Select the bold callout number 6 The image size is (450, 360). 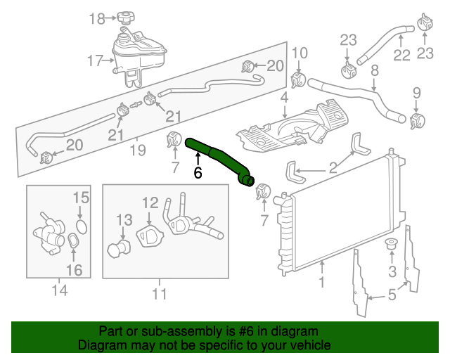(x=198, y=172)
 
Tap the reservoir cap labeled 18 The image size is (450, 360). (x=126, y=17)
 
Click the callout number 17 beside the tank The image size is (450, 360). (x=96, y=61)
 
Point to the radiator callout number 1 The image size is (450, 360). (x=321, y=283)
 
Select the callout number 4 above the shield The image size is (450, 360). (x=284, y=98)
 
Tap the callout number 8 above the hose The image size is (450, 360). (x=375, y=70)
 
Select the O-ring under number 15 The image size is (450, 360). (x=81, y=226)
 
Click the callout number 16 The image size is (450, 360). (x=75, y=270)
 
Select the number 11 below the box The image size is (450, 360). (x=160, y=293)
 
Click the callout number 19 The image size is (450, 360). (x=137, y=149)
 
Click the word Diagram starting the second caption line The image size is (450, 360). (x=99, y=345)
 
